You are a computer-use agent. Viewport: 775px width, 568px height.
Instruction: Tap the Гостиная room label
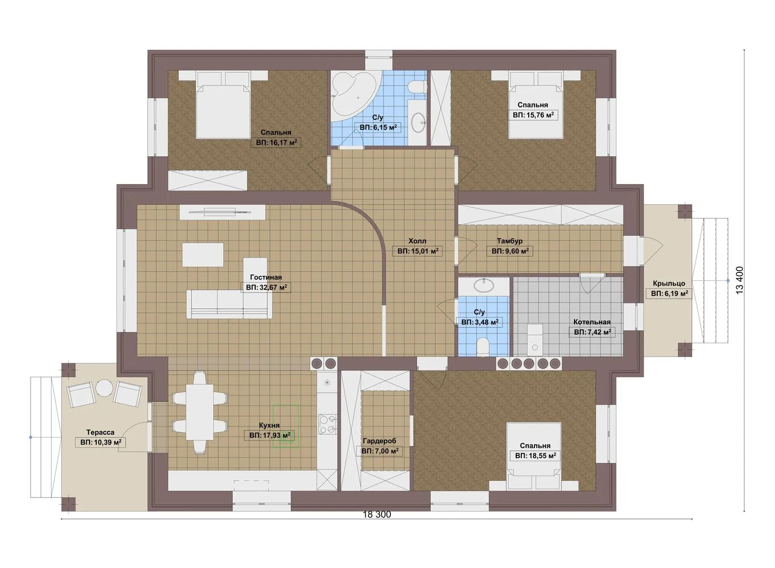pos(266,277)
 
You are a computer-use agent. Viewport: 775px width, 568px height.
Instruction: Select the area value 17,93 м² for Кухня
pos(270,435)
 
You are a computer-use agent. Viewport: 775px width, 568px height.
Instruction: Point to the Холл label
pos(417,241)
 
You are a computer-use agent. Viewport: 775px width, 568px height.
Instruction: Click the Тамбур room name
pos(510,241)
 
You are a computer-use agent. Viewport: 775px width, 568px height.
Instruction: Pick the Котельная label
pos(592,322)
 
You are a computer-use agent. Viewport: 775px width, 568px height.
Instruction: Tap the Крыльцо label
pos(669,283)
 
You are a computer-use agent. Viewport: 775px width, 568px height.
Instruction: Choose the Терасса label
pos(100,432)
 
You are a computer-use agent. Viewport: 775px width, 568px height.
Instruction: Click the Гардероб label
pos(379,441)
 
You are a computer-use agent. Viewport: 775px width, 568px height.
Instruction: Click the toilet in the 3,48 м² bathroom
pos(482,347)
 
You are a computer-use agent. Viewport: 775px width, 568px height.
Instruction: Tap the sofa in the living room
pos(229,303)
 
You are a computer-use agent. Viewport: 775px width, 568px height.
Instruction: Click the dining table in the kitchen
pos(199,412)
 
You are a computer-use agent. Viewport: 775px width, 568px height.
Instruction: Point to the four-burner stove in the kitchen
pos(327,424)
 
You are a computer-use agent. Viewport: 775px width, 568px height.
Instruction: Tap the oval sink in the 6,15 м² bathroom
pos(418,122)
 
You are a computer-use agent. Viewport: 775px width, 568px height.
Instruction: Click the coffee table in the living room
pos(203,255)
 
